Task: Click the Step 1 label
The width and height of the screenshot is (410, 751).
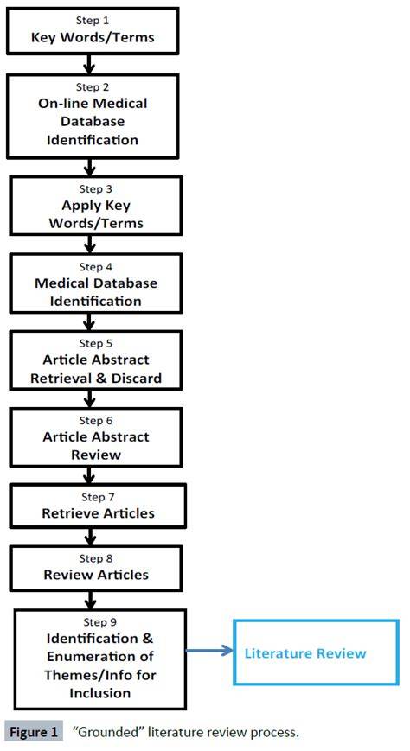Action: pos(93,20)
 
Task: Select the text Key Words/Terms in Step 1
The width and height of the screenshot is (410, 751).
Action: pos(93,37)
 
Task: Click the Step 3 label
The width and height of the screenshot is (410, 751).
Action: pos(94,188)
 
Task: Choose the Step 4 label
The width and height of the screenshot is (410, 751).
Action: pos(96,267)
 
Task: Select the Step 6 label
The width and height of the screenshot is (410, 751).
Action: pos(96,421)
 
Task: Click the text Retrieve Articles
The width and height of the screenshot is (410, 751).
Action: pos(99,513)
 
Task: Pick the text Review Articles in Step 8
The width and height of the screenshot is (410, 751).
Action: pos(96,575)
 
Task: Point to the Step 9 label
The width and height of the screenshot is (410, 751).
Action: pos(99,622)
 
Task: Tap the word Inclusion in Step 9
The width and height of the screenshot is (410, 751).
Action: pos(100,692)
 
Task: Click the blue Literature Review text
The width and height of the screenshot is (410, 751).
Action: pos(305,653)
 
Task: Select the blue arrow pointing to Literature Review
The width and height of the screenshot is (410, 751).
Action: pos(209,651)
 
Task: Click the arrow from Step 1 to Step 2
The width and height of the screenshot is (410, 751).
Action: pos(89,63)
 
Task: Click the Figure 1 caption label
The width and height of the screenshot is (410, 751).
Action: pos(34,732)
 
